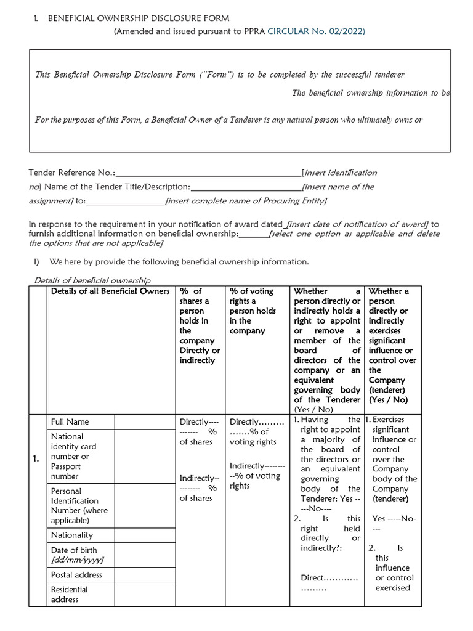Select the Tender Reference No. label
click(x=72, y=173)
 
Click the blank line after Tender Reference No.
click(x=208, y=174)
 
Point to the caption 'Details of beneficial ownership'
click(x=92, y=280)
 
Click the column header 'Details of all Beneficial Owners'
click(x=110, y=291)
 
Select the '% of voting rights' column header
click(x=251, y=311)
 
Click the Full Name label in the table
click(x=70, y=422)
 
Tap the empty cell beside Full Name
click(x=145, y=422)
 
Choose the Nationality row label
click(x=72, y=535)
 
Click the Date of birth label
click(x=74, y=550)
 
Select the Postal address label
click(x=76, y=575)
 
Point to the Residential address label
click(x=70, y=595)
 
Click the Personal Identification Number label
click(x=79, y=506)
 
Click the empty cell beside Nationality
click(x=145, y=535)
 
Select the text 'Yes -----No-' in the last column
click(x=394, y=519)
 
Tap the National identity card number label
click(x=73, y=456)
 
